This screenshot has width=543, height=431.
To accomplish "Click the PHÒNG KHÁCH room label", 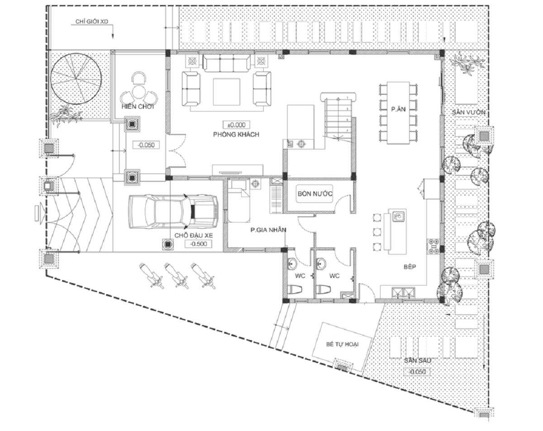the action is pyautogui.click(x=236, y=134).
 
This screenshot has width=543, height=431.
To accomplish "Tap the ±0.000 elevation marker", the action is pyautogui.click(x=236, y=125).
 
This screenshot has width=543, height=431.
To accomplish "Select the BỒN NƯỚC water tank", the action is pyautogui.click(x=314, y=194).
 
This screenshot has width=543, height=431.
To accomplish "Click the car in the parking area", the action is pyautogui.click(x=174, y=211).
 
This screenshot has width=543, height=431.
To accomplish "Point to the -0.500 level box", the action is pyautogui.click(x=198, y=244).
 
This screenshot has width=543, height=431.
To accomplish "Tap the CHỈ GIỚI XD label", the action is pyautogui.click(x=92, y=21).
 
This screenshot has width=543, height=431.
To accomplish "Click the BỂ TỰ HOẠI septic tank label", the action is pyautogui.click(x=343, y=344).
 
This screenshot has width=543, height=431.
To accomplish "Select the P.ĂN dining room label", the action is pyautogui.click(x=398, y=109).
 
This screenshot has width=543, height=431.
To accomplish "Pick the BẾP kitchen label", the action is pyautogui.click(x=410, y=266).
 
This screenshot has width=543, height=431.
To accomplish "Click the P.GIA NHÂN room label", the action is pyautogui.click(x=268, y=230).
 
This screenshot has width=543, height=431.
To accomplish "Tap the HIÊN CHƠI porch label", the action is pyautogui.click(x=138, y=107).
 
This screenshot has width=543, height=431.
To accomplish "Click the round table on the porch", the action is pyautogui.click(x=138, y=92).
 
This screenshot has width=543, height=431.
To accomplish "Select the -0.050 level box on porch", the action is pyautogui.click(x=146, y=145).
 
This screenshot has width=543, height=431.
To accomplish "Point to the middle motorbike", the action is pyautogui.click(x=176, y=276).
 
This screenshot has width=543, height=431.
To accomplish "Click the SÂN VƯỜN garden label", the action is pyautogui.click(x=469, y=112).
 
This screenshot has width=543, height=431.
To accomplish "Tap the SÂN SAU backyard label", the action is pyautogui.click(x=418, y=361).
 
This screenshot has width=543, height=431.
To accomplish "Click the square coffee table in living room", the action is pyautogui.click(x=227, y=92).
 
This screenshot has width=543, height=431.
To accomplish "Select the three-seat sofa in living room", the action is pyautogui.click(x=227, y=64).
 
